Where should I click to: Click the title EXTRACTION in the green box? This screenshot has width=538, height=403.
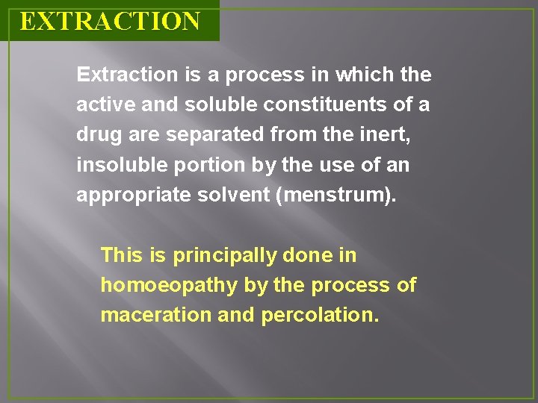(x=110, y=21)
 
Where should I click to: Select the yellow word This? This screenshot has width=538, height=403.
(x=121, y=255)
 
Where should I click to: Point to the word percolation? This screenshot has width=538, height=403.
(x=320, y=315)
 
